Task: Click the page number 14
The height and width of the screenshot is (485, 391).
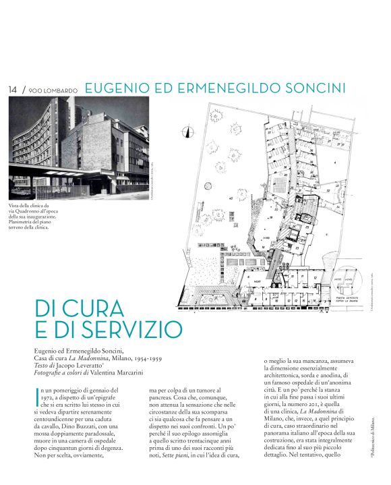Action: pyautogui.click(x=13, y=89)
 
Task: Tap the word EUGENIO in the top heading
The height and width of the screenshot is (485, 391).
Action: pyautogui.click(x=120, y=88)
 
